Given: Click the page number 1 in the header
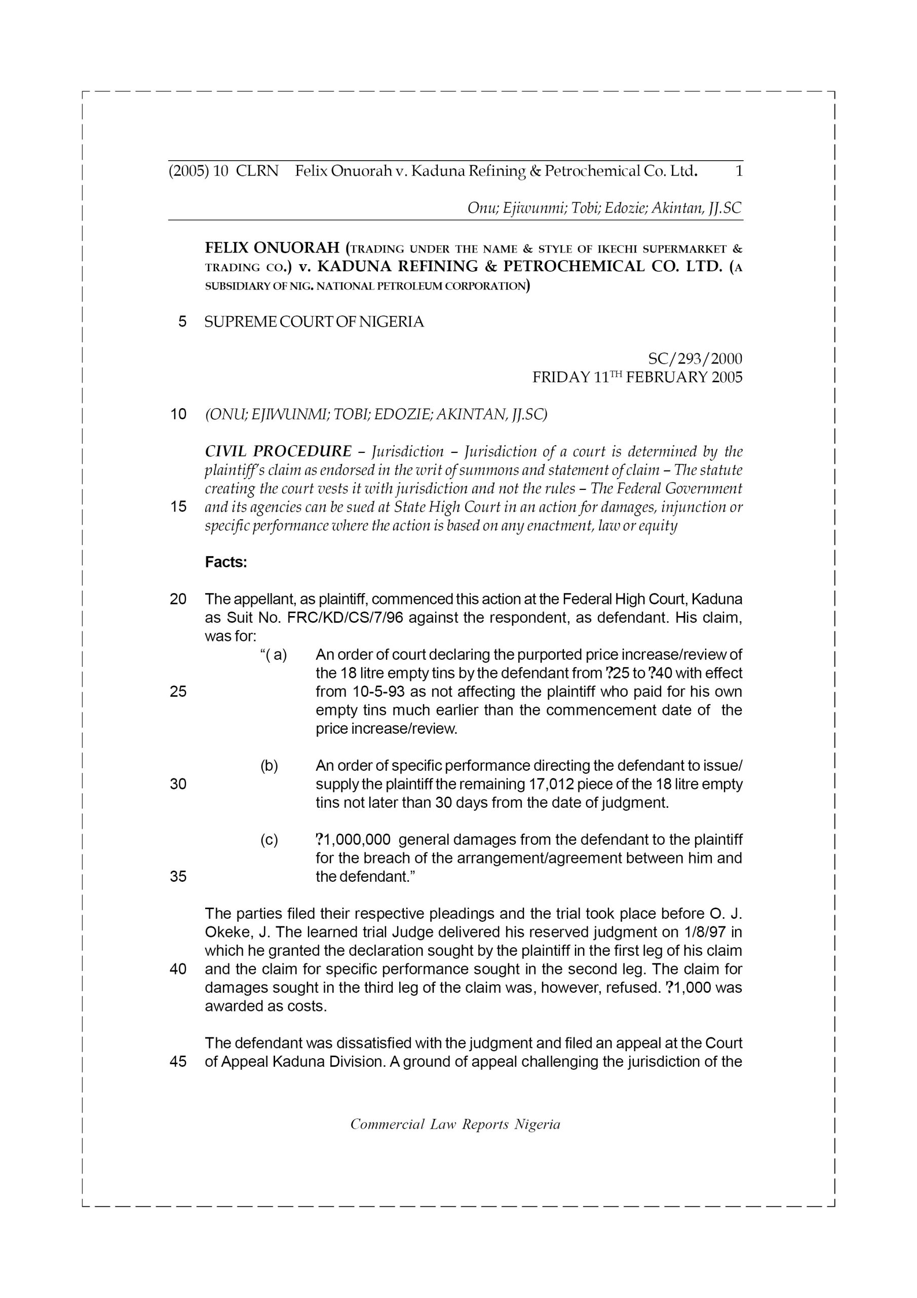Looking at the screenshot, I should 739,171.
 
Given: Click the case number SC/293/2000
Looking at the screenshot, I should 695,359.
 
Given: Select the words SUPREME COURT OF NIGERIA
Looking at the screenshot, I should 314,322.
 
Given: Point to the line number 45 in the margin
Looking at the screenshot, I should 178,1062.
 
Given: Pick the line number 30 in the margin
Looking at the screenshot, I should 178,784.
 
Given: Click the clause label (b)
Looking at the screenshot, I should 269,766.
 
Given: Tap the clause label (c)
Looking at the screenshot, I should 269,840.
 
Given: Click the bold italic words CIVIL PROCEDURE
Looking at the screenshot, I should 278,452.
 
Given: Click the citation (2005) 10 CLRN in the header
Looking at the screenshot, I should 223,171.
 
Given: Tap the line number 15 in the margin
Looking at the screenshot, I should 178,507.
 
